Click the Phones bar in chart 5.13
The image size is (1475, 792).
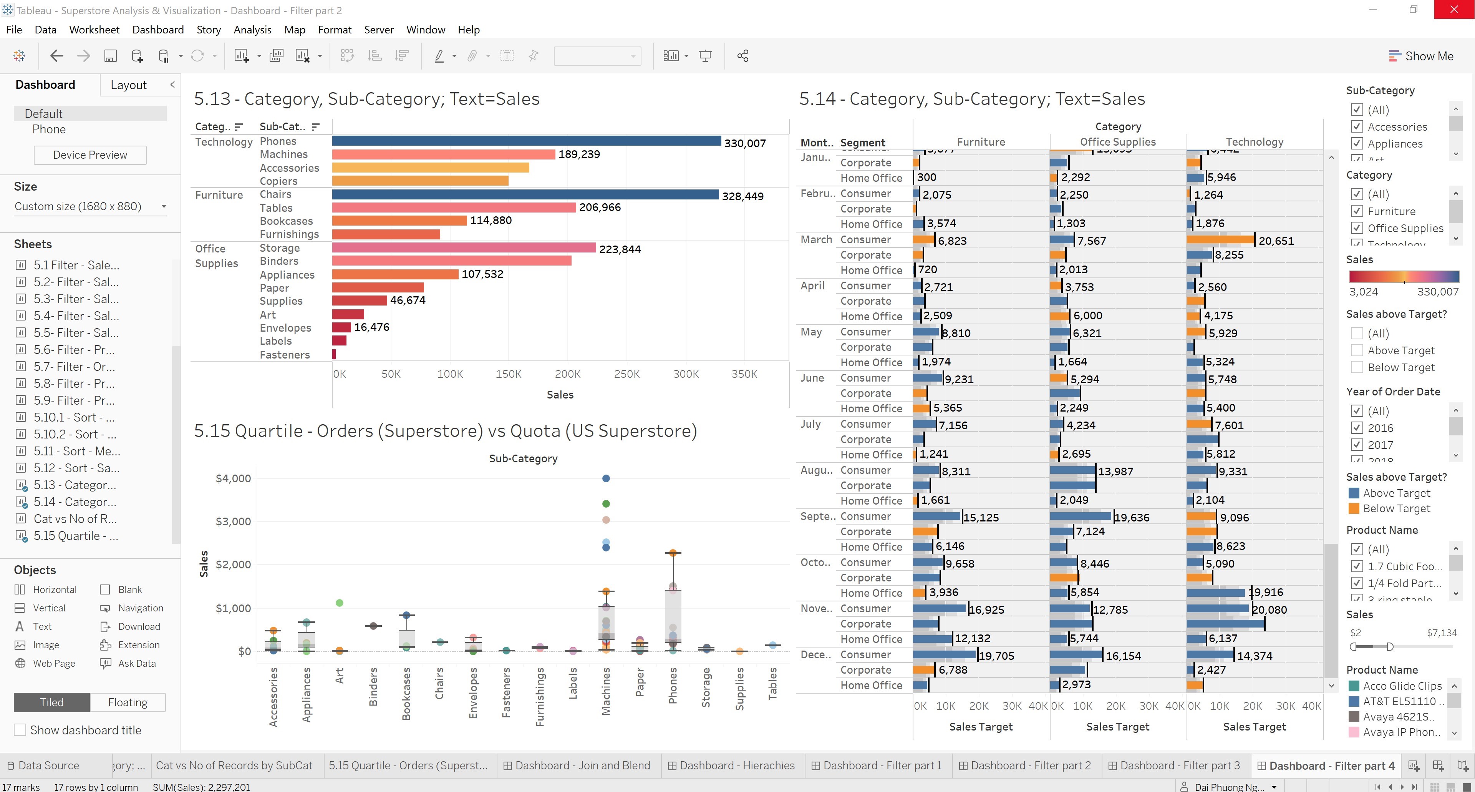pos(525,141)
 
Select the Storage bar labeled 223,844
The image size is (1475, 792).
pos(464,248)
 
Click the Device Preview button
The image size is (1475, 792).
pos(90,154)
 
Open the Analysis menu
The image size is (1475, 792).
pos(252,30)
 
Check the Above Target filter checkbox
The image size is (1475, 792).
pos(1356,350)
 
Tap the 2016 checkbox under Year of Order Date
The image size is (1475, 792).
pos(1356,428)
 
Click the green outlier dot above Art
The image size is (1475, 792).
pos(340,603)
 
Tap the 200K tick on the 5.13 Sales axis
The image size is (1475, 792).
pos(567,374)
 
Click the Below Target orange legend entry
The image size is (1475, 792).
pos(1396,508)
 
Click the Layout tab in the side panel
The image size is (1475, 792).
pos(128,85)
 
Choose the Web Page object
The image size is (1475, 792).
pos(53,663)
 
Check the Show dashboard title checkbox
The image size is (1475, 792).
pos(20,730)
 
